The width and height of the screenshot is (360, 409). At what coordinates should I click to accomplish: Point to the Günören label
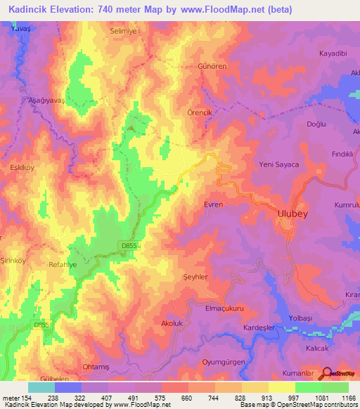210,65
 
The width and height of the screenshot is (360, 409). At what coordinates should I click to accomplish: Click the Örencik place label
210,112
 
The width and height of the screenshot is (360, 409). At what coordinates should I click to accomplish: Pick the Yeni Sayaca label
280,164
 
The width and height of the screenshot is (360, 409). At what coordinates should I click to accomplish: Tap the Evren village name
213,204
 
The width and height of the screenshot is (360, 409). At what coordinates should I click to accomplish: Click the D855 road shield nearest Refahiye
126,245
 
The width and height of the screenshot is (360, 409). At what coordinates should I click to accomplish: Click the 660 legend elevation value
186,397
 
